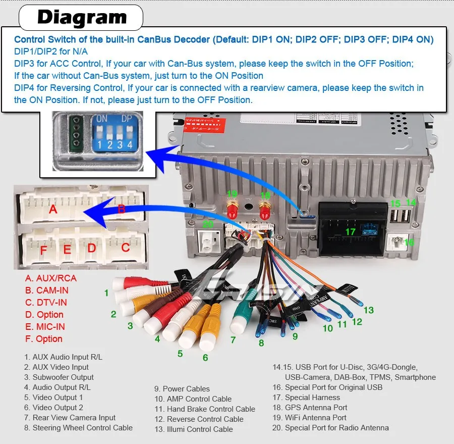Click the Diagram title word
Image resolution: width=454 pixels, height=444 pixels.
(x=82, y=18)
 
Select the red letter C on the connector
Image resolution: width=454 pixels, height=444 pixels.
(x=126, y=248)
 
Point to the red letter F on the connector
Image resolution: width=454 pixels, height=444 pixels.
(x=43, y=250)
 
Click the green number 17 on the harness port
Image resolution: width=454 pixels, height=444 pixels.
(x=350, y=232)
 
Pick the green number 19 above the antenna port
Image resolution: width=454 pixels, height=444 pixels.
(x=232, y=193)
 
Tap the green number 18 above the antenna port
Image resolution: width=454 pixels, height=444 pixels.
(x=265, y=195)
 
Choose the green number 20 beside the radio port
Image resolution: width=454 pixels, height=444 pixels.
(x=208, y=225)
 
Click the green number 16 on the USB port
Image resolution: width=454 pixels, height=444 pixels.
(x=409, y=242)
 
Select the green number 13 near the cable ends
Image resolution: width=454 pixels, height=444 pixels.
(x=369, y=310)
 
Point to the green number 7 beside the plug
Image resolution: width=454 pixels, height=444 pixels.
(x=233, y=340)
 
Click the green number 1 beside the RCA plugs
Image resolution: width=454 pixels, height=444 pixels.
(x=106, y=293)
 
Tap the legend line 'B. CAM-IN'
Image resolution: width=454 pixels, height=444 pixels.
(x=47, y=290)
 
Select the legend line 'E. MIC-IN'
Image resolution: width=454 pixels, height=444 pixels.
(x=45, y=327)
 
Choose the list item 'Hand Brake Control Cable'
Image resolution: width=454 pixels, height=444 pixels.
(x=205, y=409)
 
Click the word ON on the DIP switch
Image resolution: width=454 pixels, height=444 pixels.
(x=102, y=119)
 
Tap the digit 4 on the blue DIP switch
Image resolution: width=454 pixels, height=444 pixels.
(x=130, y=144)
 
